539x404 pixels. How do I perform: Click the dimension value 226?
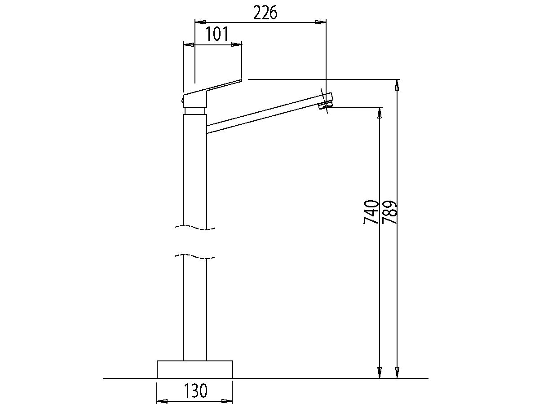click(265, 13)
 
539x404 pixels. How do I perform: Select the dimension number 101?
click(217, 35)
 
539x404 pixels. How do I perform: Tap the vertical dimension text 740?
click(371, 212)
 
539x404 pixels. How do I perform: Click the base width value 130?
click(195, 391)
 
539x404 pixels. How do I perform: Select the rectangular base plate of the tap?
click(195, 369)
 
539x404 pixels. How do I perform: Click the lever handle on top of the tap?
click(211, 90)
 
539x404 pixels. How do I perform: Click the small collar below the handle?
click(195, 110)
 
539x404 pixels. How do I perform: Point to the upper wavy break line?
click(195, 228)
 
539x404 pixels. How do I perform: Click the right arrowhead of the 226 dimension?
click(320, 22)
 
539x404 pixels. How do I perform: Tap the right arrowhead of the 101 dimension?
click(236, 44)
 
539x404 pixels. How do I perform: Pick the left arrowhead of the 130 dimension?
click(163, 401)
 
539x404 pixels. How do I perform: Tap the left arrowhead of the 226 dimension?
click(200, 22)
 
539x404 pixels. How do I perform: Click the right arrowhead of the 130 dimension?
click(227, 401)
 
